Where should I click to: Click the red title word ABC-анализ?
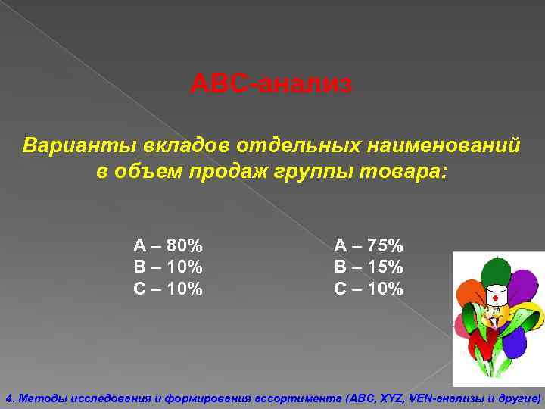271,83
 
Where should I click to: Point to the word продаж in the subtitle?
248,172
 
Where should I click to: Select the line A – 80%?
168,245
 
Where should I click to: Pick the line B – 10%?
168,267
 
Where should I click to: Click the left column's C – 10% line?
168,289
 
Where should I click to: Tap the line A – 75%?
369,245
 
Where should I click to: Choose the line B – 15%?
369,267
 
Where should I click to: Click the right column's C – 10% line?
369,289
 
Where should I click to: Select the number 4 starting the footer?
8,398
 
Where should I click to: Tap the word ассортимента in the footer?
304,398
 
